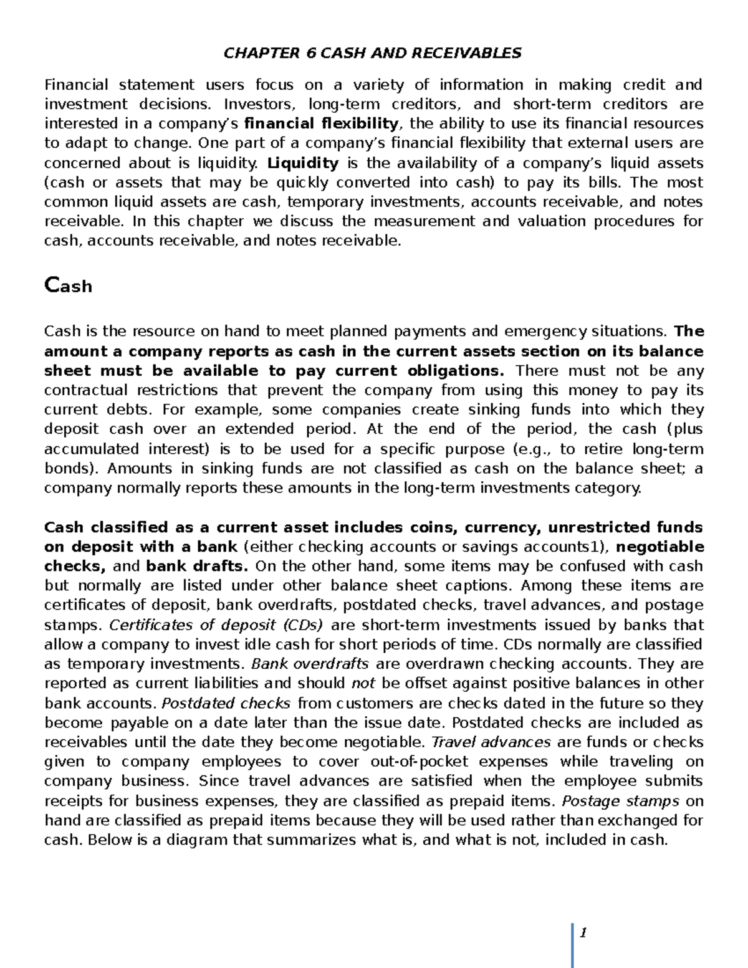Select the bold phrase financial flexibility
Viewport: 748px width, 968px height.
point(322,123)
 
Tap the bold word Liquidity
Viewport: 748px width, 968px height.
point(303,163)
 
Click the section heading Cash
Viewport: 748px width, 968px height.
point(68,286)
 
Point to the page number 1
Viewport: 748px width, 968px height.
point(583,932)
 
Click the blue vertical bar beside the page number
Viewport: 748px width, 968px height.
point(572,945)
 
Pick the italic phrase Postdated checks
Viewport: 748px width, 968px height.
point(226,703)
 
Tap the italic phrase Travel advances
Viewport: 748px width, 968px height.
point(491,742)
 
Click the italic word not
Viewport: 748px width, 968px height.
point(363,683)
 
